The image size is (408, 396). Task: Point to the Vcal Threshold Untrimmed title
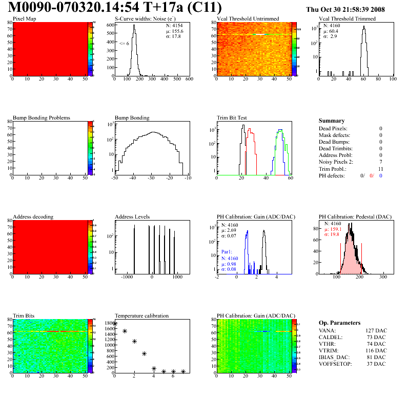pyautogui.click(x=248, y=19)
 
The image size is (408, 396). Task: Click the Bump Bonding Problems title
pyautogui.click(x=42, y=118)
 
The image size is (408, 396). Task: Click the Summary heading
pyautogui.click(x=331, y=121)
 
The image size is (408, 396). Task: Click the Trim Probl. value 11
pyautogui.click(x=380, y=168)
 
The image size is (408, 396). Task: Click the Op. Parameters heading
pyautogui.click(x=339, y=323)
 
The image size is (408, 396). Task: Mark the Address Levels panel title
pyautogui.click(x=133, y=217)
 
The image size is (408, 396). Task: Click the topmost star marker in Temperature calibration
pyautogui.click(x=115, y=324)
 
